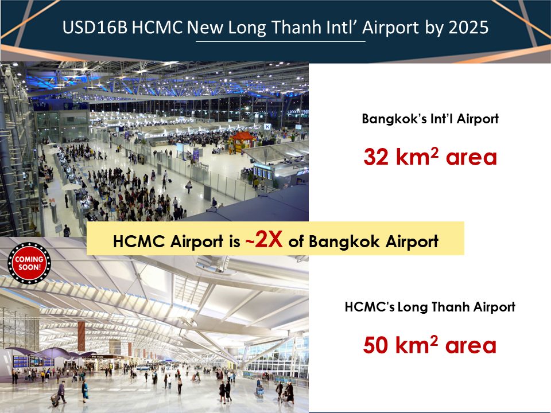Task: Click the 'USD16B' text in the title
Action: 95,28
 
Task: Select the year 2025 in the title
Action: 468,28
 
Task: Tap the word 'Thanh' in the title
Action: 297,28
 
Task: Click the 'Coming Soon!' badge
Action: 29,263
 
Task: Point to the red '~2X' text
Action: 264,240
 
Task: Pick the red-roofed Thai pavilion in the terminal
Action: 242,141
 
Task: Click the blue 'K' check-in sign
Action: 267,126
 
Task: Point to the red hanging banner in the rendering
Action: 81,336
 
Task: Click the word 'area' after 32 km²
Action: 471,157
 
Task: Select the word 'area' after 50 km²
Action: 471,346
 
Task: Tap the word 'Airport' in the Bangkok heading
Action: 478,119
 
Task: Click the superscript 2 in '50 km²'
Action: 434,340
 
